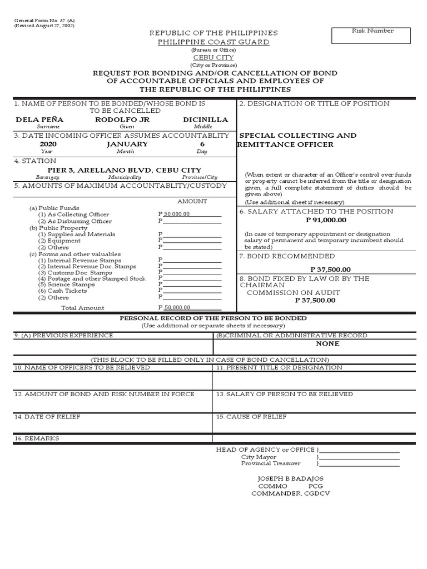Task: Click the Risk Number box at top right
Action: [371, 36]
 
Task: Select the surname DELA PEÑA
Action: [39, 119]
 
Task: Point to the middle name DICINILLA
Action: [205, 119]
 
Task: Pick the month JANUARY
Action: [127, 144]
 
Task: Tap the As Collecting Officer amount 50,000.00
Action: [177, 214]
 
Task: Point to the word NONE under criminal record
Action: [327, 344]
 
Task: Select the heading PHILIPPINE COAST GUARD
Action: [213, 42]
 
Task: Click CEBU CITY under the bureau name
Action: [213, 58]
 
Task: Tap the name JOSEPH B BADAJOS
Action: [290, 478]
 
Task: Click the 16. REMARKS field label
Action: [37, 438]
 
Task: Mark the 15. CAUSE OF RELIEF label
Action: [251, 416]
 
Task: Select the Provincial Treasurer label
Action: [271, 463]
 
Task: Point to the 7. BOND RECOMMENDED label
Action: [287, 256]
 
